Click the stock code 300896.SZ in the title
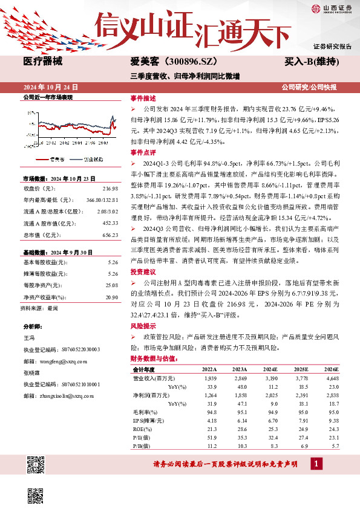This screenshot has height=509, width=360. coord(189,62)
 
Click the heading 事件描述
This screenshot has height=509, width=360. coord(143,97)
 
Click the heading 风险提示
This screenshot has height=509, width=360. coord(143,326)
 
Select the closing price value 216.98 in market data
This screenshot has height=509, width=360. coord(110,189)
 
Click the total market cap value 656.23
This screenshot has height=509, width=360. coord(110,235)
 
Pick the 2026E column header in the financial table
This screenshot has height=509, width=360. coord(332,369)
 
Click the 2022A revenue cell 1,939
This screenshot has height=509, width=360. coord(209,378)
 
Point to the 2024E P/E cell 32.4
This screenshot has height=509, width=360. coord(272,438)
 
